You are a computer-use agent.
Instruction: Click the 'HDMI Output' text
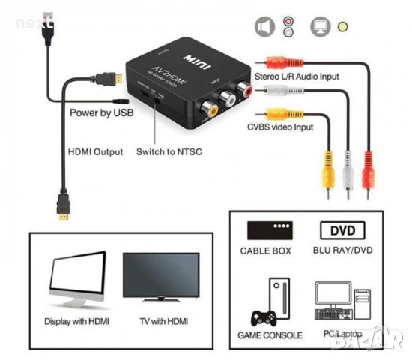[95, 151]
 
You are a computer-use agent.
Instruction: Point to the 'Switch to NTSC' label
[169, 151]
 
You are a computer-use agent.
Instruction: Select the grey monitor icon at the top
[320, 27]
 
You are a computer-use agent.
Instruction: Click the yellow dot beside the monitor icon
[343, 28]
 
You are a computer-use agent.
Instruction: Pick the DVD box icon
[342, 230]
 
